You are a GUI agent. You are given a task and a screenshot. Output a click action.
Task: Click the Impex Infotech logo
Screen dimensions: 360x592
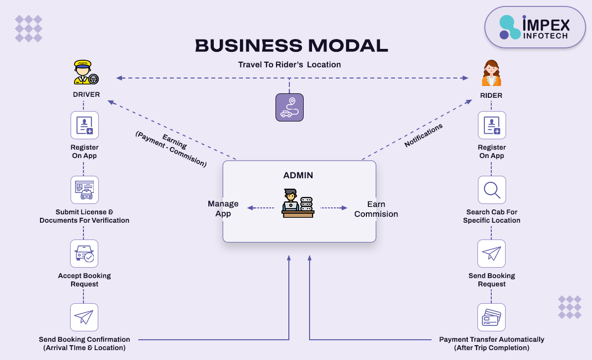tap(535, 27)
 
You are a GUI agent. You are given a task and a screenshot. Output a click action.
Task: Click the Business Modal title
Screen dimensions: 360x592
tap(291, 46)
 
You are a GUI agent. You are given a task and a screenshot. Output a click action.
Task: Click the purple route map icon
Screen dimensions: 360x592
tap(289, 107)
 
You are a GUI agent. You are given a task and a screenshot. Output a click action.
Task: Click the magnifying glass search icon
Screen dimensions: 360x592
tap(492, 190)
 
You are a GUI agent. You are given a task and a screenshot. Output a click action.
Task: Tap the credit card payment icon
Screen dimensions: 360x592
tap(492, 317)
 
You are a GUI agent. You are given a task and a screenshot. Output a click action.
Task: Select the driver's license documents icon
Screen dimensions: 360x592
tap(84, 190)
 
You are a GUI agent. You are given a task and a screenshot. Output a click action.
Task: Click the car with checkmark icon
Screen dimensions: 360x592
tap(84, 254)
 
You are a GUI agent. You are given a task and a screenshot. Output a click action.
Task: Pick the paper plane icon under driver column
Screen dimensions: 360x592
tap(84, 317)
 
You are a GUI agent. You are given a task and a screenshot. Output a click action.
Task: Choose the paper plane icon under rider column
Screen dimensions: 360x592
tap(492, 254)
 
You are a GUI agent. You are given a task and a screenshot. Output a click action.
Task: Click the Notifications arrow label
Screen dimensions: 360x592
tap(423, 135)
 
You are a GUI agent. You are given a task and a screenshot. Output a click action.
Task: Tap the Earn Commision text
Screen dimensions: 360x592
tap(376, 209)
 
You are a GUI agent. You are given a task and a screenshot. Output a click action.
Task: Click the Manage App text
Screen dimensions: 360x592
tap(223, 208)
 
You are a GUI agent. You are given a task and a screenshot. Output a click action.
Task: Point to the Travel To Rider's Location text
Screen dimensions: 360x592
tap(289, 65)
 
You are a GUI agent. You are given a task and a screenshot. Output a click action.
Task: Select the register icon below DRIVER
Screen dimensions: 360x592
tap(84, 125)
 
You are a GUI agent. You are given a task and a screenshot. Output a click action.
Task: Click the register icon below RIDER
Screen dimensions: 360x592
tap(492, 125)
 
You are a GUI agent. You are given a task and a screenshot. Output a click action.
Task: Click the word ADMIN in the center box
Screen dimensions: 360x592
tap(298, 175)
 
